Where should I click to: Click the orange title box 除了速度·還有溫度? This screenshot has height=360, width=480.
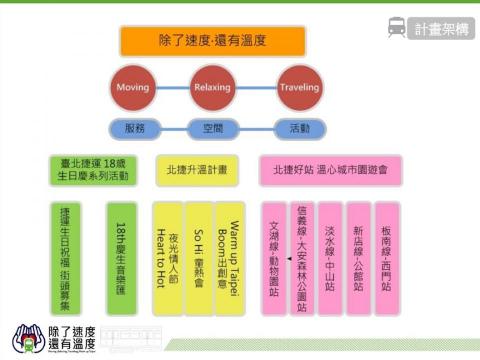click(x=212, y=41)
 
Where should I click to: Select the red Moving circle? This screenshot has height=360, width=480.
click(x=133, y=87)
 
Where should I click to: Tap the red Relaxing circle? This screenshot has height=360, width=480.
click(x=211, y=87)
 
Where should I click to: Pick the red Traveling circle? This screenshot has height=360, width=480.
click(x=299, y=87)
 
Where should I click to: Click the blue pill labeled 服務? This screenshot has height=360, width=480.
click(x=133, y=127)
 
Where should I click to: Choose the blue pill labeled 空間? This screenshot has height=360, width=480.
click(x=211, y=127)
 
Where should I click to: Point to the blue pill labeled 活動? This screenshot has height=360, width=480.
click(x=299, y=127)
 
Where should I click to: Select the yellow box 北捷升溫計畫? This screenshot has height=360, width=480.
click(x=198, y=169)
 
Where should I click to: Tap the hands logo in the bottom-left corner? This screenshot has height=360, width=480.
click(x=27, y=337)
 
